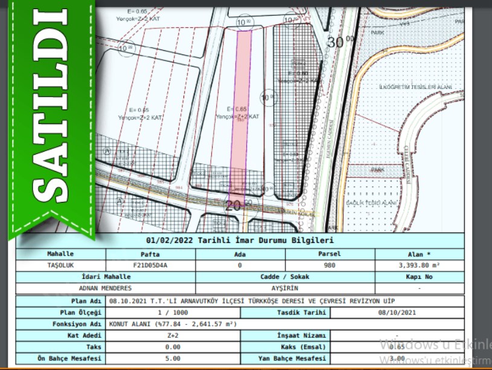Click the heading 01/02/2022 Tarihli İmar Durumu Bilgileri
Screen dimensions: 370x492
(x=240, y=241)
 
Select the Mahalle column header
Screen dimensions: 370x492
(x=60, y=254)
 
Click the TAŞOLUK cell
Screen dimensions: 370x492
(x=60, y=265)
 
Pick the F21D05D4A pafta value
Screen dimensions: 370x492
(x=150, y=265)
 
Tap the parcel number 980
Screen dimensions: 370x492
(x=330, y=265)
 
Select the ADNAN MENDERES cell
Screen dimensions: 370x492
(x=106, y=288)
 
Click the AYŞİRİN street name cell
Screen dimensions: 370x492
(x=285, y=288)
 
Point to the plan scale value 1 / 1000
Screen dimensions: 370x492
(x=173, y=313)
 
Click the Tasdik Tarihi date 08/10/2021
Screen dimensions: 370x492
(x=397, y=313)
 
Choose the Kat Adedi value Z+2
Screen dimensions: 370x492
(x=173, y=336)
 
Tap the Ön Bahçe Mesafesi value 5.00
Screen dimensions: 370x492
(x=173, y=359)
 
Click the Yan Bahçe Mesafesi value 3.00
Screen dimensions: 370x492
(x=397, y=359)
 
